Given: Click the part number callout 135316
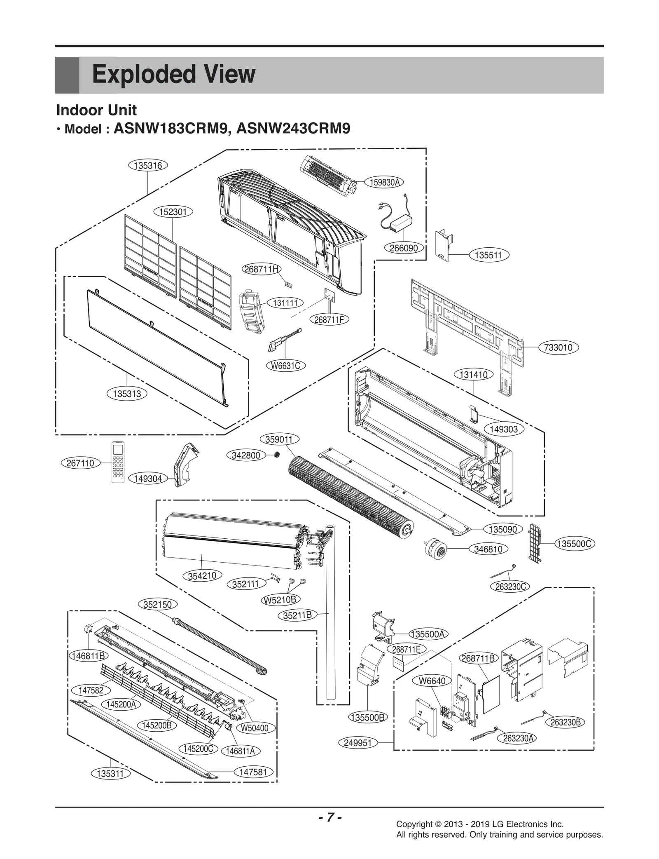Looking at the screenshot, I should click(148, 165).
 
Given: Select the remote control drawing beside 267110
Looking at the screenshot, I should click(118, 462).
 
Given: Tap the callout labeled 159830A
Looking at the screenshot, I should click(384, 182).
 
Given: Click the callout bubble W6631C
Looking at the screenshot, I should click(285, 365).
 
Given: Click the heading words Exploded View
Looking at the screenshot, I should click(173, 75).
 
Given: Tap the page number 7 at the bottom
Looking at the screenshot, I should click(329, 817).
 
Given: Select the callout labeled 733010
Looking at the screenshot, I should click(558, 347).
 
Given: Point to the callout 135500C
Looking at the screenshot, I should click(574, 544).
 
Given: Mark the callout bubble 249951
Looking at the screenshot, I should click(358, 743).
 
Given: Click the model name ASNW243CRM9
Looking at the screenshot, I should click(293, 128).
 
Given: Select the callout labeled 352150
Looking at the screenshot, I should click(157, 604).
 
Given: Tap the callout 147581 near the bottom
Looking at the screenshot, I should click(253, 772).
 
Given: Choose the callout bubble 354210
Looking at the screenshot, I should click(202, 575).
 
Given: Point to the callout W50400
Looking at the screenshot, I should click(254, 728).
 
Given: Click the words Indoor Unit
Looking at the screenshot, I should click(96, 110).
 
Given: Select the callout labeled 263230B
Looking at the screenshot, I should click(566, 722).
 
